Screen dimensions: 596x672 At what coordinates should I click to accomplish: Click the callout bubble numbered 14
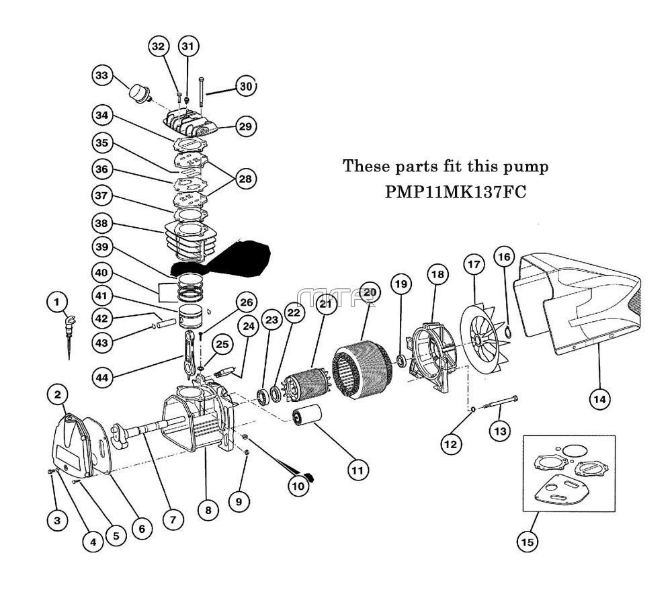pos(599,399)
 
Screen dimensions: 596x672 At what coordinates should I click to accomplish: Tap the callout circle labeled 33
pos(101,76)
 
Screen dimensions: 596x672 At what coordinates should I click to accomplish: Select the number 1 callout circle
pos(57,302)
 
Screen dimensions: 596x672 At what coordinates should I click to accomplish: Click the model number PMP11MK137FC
pos(455,191)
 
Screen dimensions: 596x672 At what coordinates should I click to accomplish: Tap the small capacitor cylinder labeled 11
pos(306,421)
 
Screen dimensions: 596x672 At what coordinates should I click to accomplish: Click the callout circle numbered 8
pos(208,510)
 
